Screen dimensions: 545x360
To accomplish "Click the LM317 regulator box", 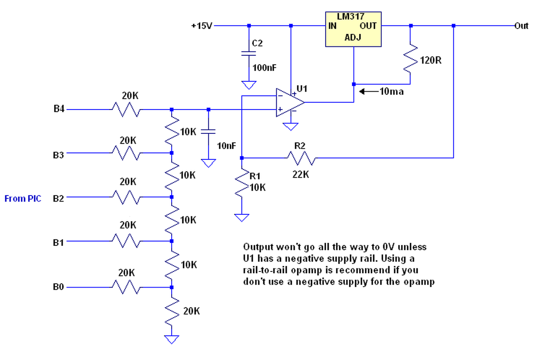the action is (353, 29).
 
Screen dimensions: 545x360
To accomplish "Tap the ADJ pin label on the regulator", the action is (353, 37).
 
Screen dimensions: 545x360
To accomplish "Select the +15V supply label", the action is (202, 26).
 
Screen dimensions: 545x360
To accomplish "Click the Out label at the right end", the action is (521, 26).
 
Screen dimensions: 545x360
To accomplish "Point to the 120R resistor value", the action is (430, 60).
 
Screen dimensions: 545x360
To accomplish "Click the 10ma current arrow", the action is (369, 92).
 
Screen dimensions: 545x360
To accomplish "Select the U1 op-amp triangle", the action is (290, 103).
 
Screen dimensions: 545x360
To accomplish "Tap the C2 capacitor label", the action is (257, 43).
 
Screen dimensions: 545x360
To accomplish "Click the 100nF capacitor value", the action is (264, 68).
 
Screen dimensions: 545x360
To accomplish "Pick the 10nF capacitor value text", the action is (226, 146).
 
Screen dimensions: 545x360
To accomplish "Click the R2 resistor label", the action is (300, 146).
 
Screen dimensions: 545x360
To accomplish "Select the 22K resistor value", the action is (301, 175).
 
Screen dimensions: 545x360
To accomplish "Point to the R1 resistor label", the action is (255, 176).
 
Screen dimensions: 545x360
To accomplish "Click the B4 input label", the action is (59, 109).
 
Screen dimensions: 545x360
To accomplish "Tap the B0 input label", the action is (58, 287).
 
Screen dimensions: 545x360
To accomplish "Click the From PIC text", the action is (23, 199).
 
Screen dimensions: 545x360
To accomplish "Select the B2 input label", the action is (58, 199).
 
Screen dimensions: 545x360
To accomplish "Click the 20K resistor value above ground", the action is (192, 311).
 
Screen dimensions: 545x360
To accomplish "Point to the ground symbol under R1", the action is (241, 218).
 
